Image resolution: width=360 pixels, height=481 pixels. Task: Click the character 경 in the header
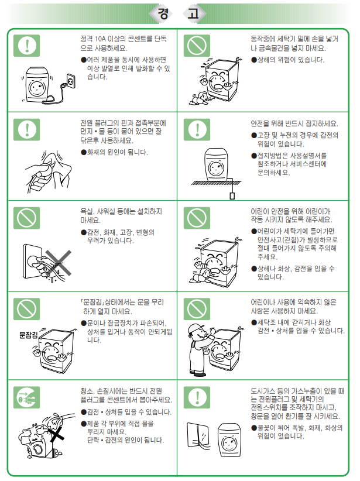(163, 13)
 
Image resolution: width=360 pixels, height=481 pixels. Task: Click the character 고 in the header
(193, 13)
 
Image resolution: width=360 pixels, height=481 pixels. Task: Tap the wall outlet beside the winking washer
(71, 81)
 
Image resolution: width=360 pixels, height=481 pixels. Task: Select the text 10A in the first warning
(100, 39)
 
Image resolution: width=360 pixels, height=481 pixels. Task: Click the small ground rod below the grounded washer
(232, 195)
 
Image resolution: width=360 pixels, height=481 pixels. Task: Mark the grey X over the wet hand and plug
(59, 263)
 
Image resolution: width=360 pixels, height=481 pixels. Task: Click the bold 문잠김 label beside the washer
(28, 334)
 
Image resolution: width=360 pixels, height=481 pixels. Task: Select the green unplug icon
(27, 397)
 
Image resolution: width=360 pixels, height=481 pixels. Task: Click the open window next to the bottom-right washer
(199, 436)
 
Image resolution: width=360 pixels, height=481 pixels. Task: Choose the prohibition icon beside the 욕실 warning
(27, 218)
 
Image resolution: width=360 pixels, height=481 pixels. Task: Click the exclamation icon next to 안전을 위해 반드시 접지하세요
(197, 129)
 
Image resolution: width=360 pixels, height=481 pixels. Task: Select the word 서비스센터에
(308, 164)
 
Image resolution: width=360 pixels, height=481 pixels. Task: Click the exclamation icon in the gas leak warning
(197, 397)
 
